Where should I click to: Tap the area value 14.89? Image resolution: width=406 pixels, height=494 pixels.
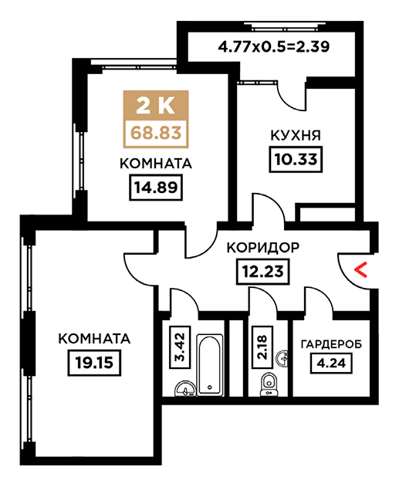coord(156,188)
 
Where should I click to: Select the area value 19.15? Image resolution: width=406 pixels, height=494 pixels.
coord(94,363)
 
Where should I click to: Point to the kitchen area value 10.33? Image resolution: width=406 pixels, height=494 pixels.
coord(296,160)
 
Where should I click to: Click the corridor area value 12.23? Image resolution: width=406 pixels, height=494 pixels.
coord(262,271)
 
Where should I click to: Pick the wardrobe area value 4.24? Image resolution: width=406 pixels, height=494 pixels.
coord(331,363)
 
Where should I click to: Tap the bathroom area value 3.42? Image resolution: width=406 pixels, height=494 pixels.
coord(180,347)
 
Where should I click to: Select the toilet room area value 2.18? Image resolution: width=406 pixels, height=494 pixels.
coord(262,347)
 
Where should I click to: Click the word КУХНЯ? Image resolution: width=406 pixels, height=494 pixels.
coord(296,136)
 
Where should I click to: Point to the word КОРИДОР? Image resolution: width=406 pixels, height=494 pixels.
coord(263,248)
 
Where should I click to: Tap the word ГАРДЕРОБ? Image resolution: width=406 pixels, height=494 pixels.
coord(331,344)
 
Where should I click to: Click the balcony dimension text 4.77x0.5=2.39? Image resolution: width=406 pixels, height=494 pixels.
coord(274,46)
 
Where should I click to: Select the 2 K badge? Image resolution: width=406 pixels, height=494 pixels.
coord(156,106)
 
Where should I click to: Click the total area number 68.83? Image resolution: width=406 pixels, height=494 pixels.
coord(156,133)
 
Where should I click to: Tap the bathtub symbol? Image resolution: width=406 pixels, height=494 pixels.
coord(210,364)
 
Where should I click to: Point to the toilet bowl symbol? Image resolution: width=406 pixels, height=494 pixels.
coord(269,384)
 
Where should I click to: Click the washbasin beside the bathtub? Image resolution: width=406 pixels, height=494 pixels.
coord(185,388)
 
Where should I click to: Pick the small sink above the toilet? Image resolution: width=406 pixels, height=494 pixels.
coord(282,358)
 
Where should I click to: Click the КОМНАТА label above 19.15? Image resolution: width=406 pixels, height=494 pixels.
coord(94,339)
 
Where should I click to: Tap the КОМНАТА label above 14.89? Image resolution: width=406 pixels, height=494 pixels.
coord(156,164)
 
